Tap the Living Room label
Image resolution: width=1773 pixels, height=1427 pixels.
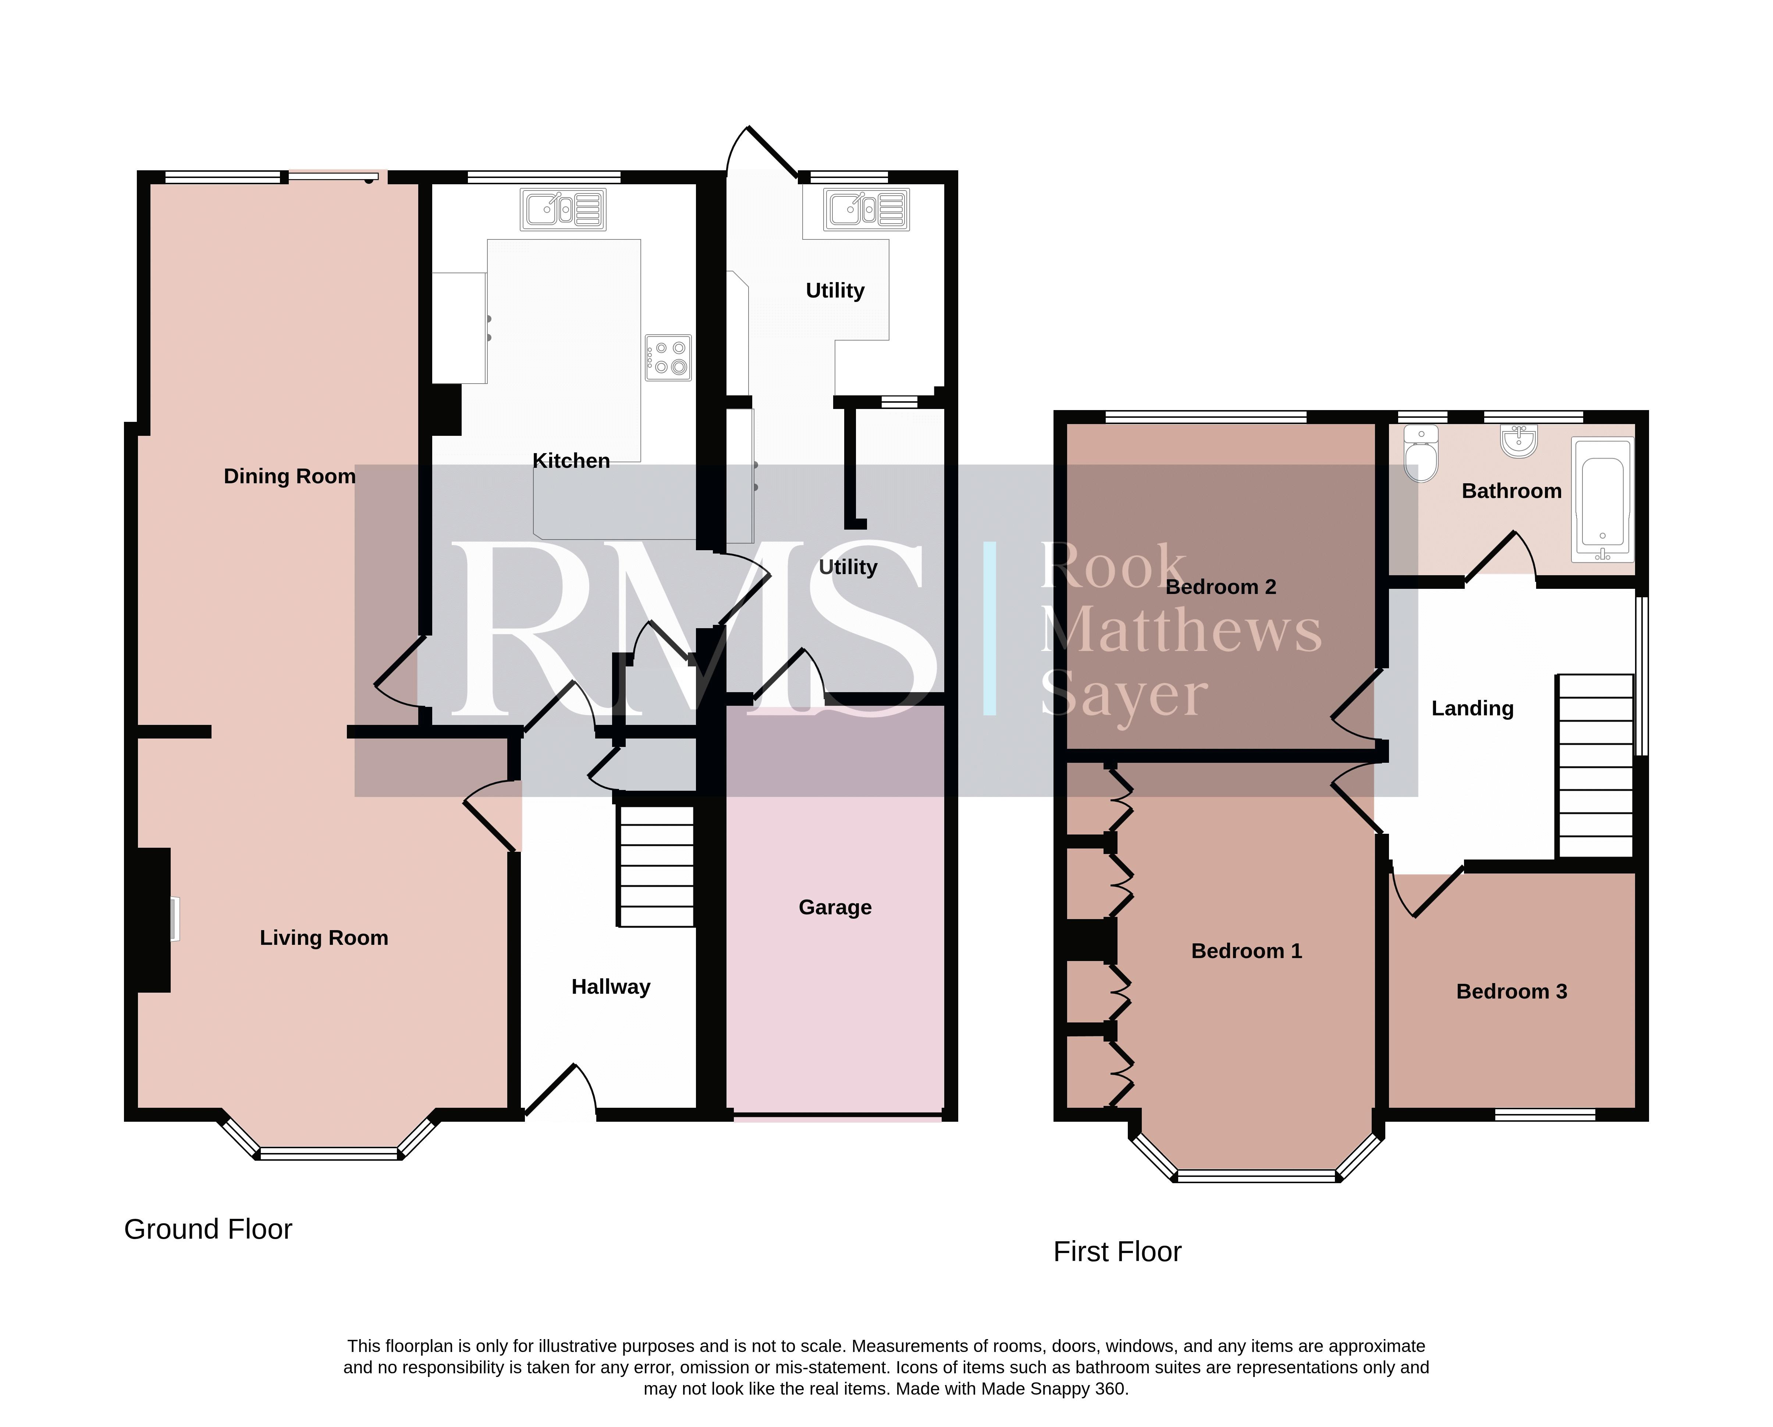coord(324,938)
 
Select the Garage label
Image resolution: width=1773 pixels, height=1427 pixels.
coord(835,907)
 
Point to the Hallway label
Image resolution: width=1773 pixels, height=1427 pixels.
coord(611,987)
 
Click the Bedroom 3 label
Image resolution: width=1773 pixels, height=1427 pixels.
coord(1511,991)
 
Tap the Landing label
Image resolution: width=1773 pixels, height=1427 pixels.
coord(1472,709)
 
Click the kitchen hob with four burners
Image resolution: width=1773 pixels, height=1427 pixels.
coord(668,357)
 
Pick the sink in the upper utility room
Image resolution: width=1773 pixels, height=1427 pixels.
coord(867,210)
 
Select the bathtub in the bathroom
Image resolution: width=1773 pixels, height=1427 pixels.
coord(1602,500)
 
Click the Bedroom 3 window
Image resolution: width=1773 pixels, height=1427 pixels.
coord(1544,1115)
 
